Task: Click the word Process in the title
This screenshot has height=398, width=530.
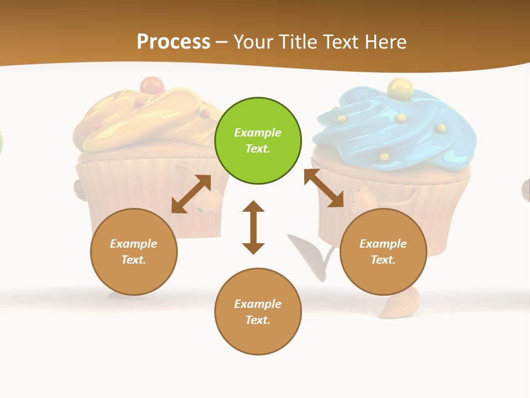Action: point(173,42)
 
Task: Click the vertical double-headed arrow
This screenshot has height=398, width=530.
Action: point(253,227)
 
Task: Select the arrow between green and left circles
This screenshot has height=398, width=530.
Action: point(191,194)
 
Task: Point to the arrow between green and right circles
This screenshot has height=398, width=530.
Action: point(324,188)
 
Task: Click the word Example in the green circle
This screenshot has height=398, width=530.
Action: point(258,133)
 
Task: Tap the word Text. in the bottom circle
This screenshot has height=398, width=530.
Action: point(258,320)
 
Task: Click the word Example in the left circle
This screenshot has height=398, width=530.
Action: point(134,244)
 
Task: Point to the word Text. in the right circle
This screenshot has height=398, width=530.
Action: point(383,260)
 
